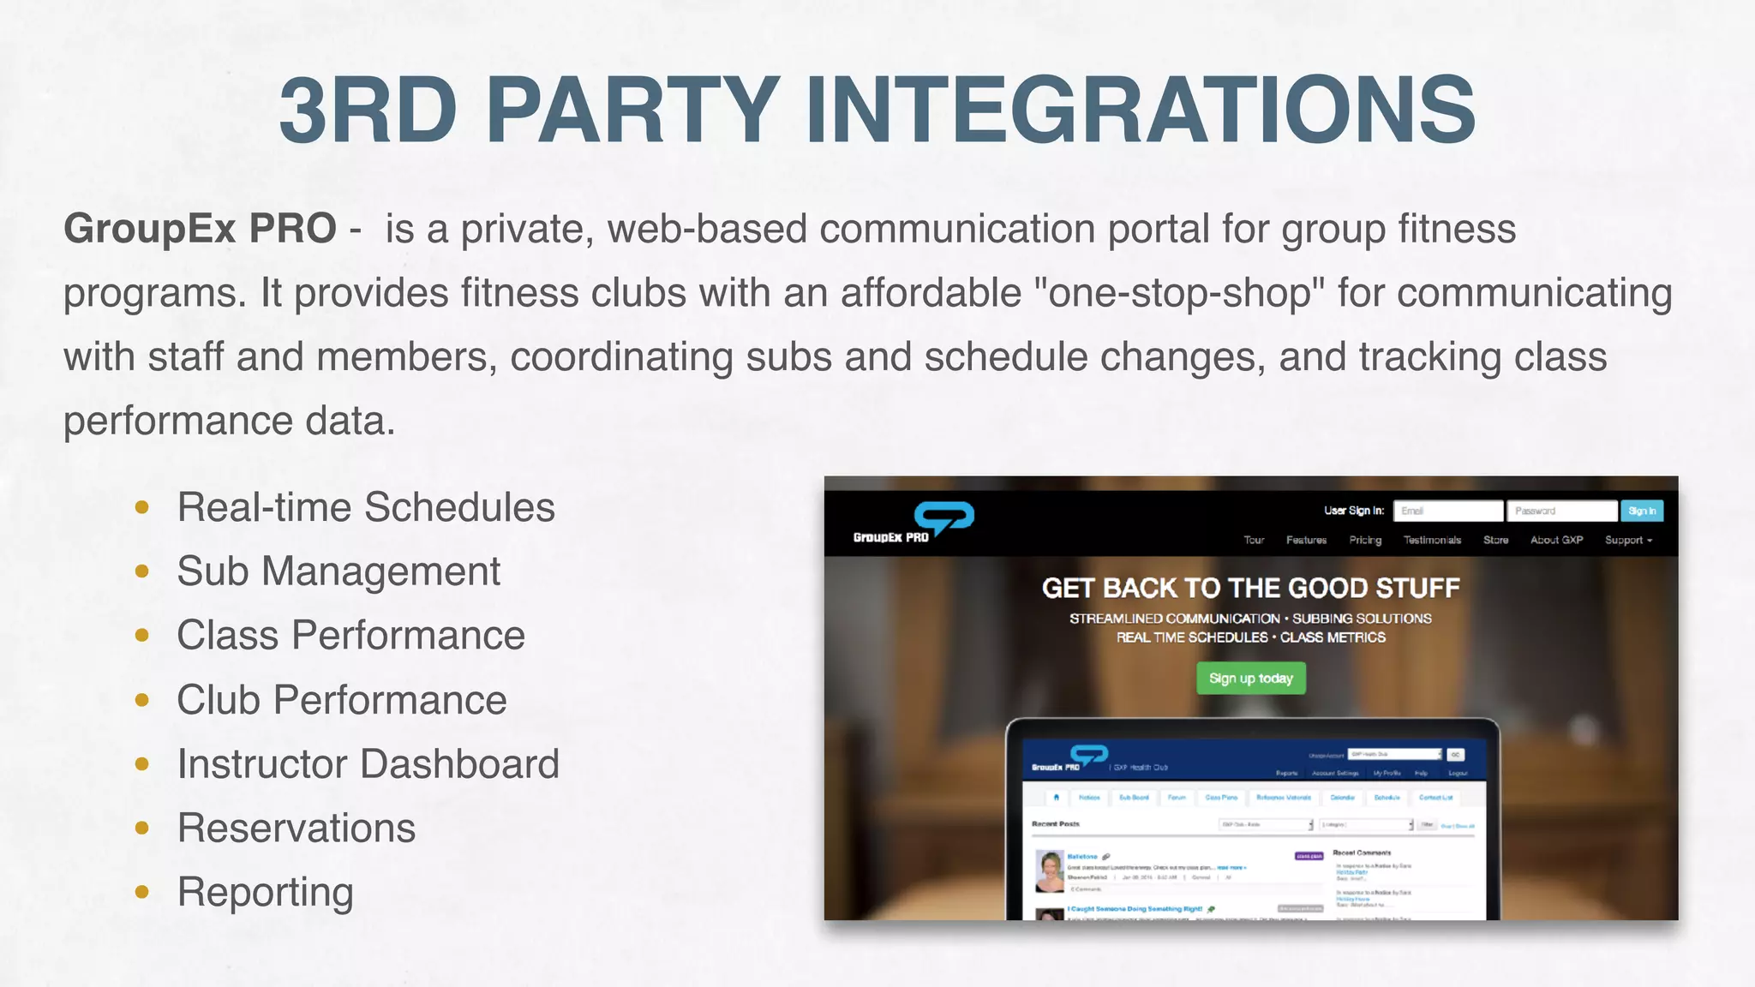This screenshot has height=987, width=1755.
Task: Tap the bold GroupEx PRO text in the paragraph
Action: click(200, 229)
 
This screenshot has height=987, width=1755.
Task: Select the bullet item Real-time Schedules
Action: click(366, 507)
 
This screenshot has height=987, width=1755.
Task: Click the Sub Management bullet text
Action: click(338, 571)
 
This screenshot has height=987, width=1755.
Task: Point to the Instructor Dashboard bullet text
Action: click(368, 764)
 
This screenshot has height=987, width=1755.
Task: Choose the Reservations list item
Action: click(296, 828)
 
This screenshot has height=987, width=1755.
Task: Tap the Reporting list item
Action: click(265, 893)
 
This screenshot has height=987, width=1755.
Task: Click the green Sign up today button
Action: click(1250, 679)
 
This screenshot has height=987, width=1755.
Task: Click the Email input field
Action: click(1447, 511)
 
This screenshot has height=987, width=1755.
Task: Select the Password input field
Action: click(1561, 511)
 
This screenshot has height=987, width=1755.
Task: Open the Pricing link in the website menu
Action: click(1365, 540)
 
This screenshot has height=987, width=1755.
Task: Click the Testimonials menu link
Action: click(1432, 540)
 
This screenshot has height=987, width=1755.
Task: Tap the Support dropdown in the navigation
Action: click(1628, 540)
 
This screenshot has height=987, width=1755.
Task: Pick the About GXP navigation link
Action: click(1556, 540)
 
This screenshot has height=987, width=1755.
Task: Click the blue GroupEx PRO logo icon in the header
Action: click(943, 517)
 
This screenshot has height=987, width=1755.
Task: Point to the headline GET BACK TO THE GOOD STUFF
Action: click(1250, 588)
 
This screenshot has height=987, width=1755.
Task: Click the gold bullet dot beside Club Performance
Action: click(142, 701)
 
